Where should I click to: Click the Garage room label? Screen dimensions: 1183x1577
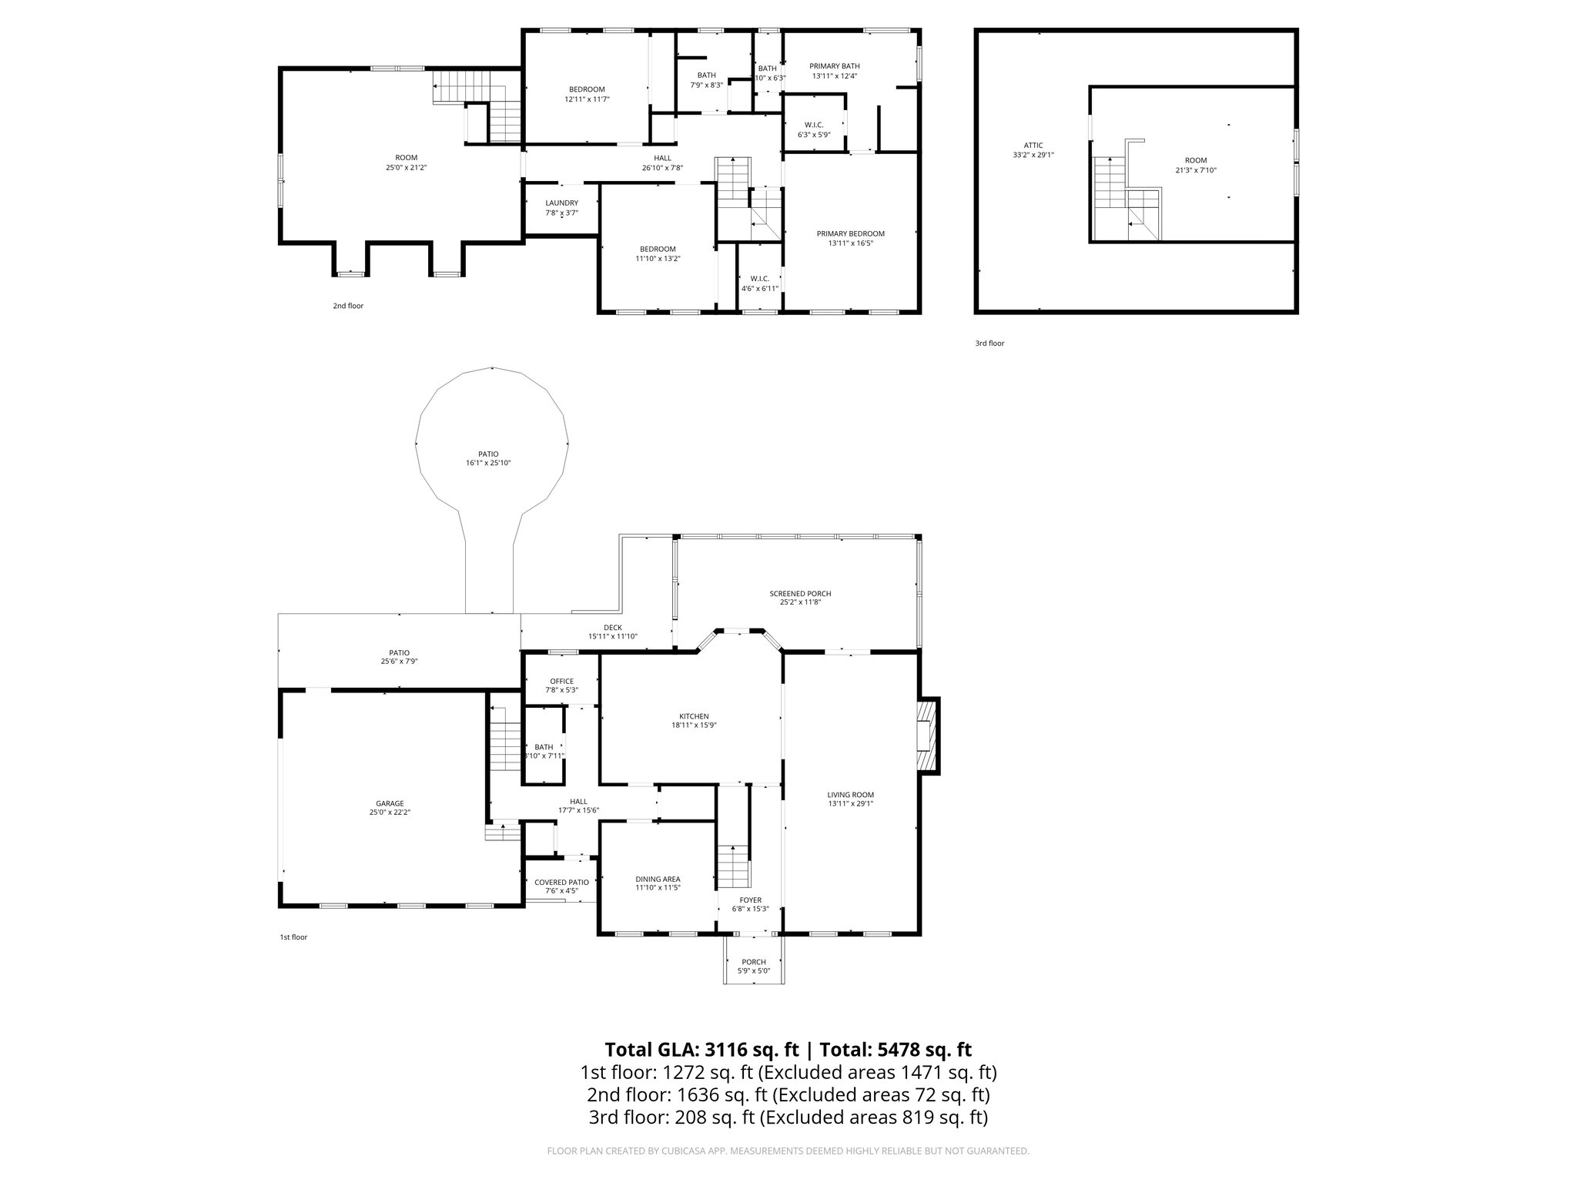[x=390, y=803]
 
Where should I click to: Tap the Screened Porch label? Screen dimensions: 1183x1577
[x=800, y=594]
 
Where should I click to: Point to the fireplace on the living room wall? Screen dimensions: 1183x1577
[x=928, y=736]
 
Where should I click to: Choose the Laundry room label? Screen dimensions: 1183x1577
[x=561, y=203]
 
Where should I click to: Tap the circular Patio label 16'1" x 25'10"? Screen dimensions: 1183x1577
[x=488, y=463]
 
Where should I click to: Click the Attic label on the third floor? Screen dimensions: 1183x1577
[x=1033, y=145]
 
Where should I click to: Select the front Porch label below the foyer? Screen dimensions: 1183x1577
[x=753, y=962]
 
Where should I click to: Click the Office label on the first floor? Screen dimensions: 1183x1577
[x=561, y=681]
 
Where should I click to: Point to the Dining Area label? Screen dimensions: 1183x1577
[x=658, y=879]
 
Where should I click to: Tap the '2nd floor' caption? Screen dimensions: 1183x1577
[x=348, y=306]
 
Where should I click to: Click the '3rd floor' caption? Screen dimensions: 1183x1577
[x=989, y=344]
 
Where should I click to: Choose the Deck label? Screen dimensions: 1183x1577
[x=613, y=628]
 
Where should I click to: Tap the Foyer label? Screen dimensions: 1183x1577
[x=750, y=900]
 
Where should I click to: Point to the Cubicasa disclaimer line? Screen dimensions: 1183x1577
[x=788, y=1151]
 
